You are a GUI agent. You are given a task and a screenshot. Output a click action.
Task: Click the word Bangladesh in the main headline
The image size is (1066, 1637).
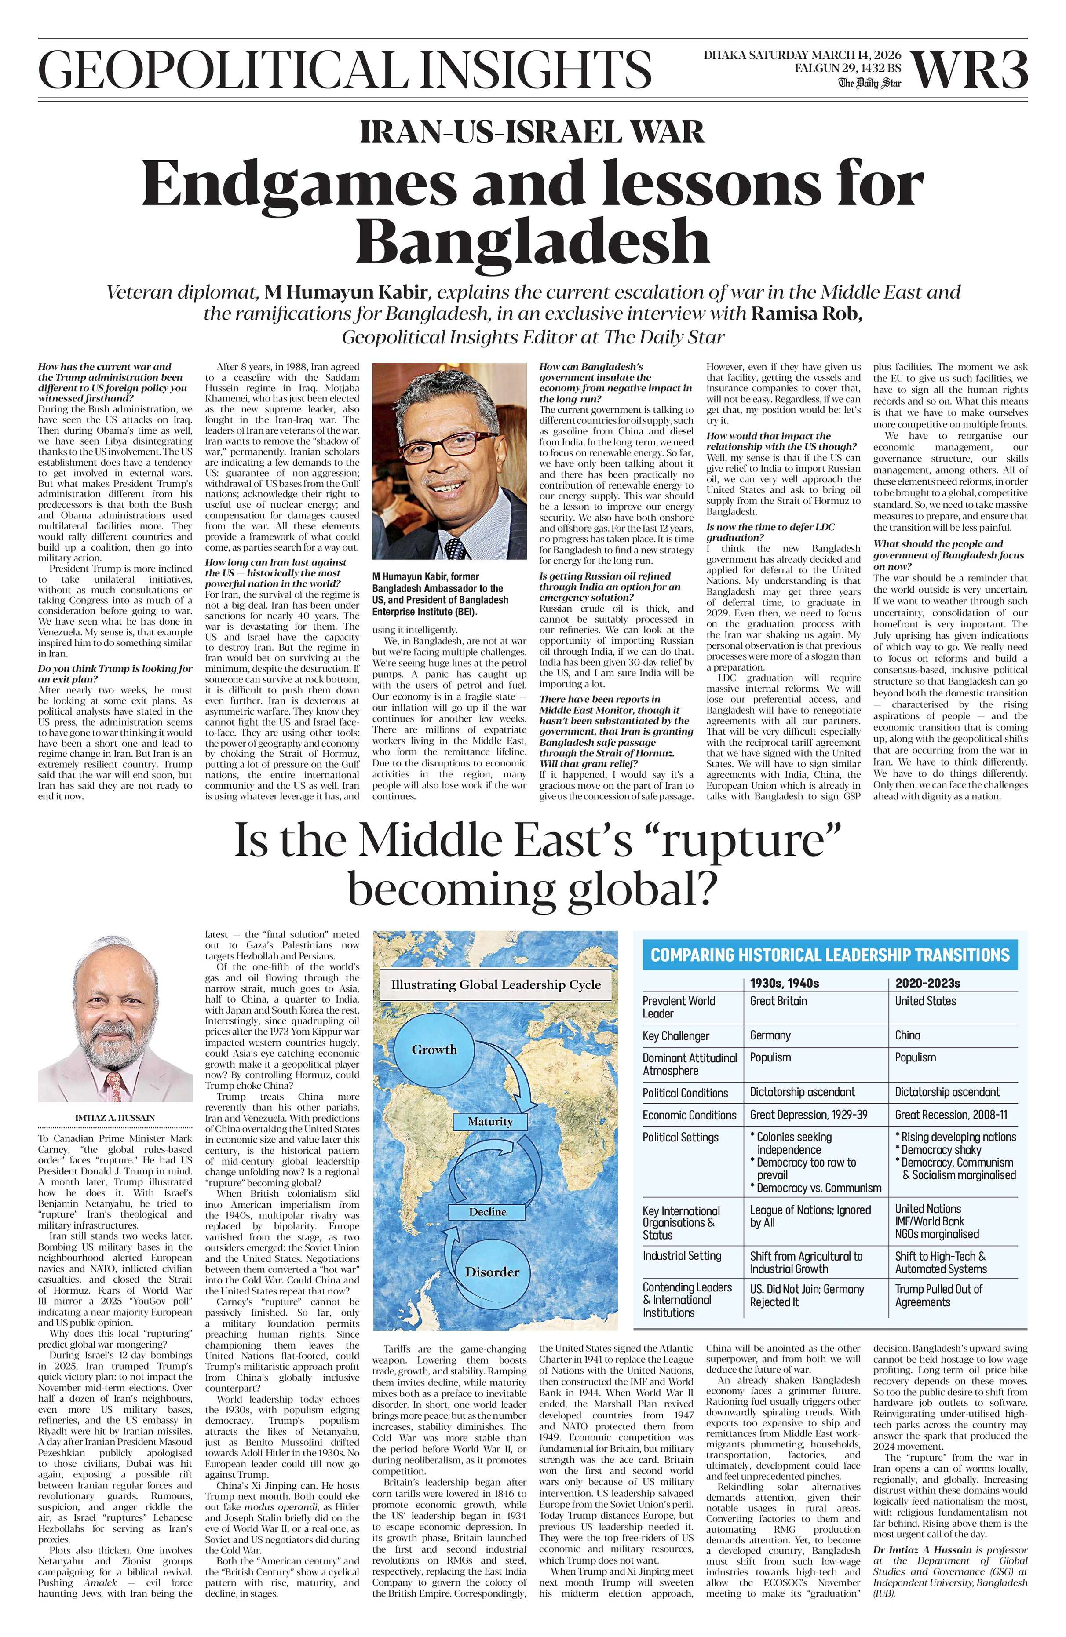pos(532,241)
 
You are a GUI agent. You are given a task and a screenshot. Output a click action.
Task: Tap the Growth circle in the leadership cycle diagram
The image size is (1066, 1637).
pos(434,1050)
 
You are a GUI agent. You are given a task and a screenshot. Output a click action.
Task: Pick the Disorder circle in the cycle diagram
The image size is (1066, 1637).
pos(492,1272)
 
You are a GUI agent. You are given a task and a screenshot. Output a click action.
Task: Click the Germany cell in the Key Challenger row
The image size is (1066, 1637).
pos(770,1035)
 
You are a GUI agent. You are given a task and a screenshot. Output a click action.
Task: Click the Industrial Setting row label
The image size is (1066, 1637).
pos(682,1255)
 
